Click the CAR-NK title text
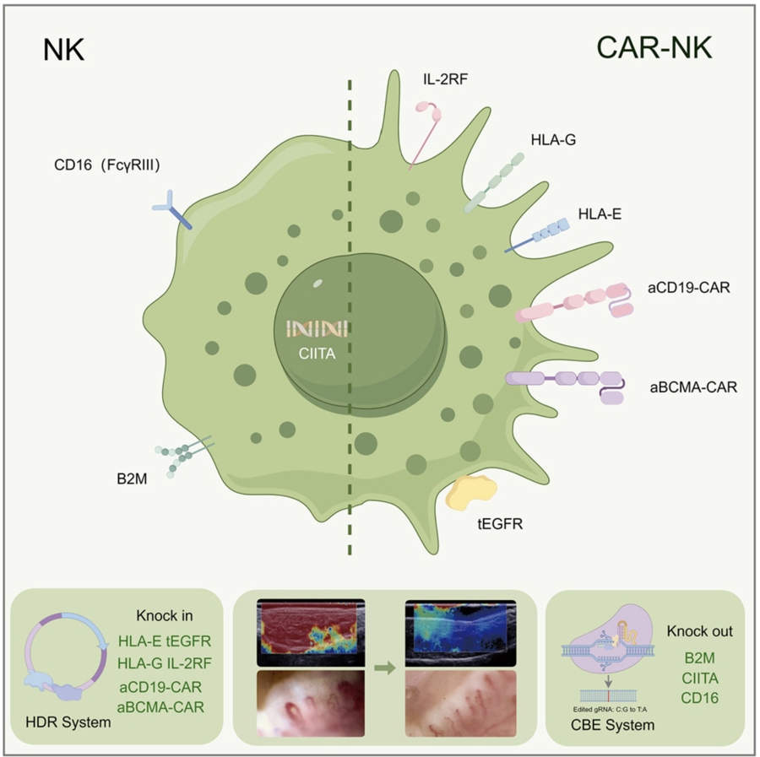coord(654,48)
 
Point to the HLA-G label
coord(553,140)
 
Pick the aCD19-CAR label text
coord(689,288)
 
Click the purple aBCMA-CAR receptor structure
coord(566,386)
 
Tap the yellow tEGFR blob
coord(470,493)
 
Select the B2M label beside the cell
coord(132,479)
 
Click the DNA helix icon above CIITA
coord(317,328)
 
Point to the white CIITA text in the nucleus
coord(317,354)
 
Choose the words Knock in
coord(165,615)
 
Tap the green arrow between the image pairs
coord(385,669)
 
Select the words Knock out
coord(699,631)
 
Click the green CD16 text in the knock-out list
coord(699,698)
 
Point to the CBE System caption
coord(613,725)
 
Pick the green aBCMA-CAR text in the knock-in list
coord(160,707)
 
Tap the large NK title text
coord(64,50)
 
